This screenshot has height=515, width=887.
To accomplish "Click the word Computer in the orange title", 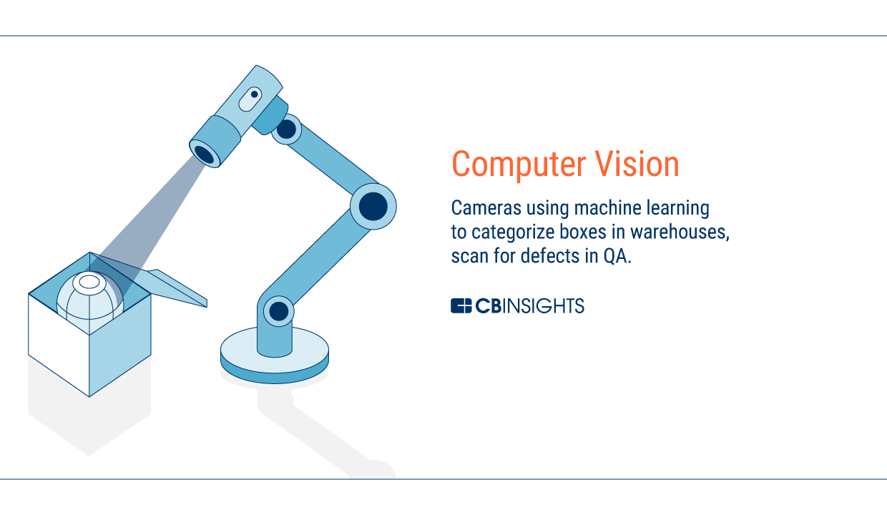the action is click(519, 165).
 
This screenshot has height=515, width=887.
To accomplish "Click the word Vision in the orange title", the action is click(637, 164).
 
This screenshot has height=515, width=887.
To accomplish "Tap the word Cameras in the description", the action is click(486, 208).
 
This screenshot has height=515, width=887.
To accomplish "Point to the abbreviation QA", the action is click(617, 256).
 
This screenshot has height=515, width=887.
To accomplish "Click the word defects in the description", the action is click(550, 256).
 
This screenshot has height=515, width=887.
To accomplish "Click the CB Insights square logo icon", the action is click(461, 306).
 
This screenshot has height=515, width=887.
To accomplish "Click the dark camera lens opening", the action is click(205, 154).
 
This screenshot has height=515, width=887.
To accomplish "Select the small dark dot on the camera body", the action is click(254, 94).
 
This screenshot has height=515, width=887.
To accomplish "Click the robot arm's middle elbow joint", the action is click(373, 206).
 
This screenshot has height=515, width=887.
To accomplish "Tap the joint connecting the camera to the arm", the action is click(286, 129).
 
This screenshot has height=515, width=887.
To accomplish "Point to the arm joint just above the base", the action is click(279, 311).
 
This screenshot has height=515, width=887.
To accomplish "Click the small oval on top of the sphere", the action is click(89, 283).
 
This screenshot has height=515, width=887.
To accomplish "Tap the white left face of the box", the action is click(59, 344).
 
